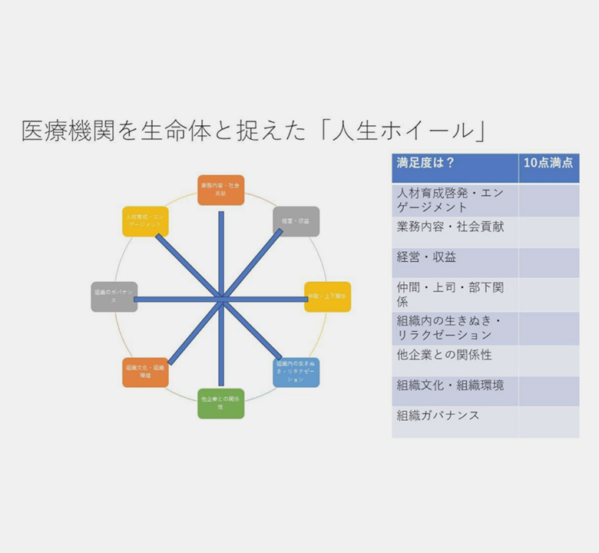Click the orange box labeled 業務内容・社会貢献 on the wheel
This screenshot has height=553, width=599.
pos(220,190)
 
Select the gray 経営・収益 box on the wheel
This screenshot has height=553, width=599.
pos(296,221)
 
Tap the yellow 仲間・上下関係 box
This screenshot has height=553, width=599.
pos(327,296)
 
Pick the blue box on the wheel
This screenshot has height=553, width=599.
pos(296,372)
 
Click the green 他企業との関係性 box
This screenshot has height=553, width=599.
pos(220,402)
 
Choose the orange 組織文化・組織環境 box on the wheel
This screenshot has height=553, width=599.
pos(145,372)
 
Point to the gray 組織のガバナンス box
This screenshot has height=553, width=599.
pos(114,296)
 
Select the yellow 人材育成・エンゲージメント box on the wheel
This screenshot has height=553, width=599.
pos(145,221)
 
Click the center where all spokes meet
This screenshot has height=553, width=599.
pos(221,297)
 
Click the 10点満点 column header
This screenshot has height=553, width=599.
pos(548,163)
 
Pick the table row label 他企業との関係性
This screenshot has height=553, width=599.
pos(444,356)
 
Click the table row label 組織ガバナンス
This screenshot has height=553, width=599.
pos(438,416)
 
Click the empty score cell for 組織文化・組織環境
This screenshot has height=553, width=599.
pos(548,386)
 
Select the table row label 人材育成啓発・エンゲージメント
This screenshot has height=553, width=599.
pos(450,200)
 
